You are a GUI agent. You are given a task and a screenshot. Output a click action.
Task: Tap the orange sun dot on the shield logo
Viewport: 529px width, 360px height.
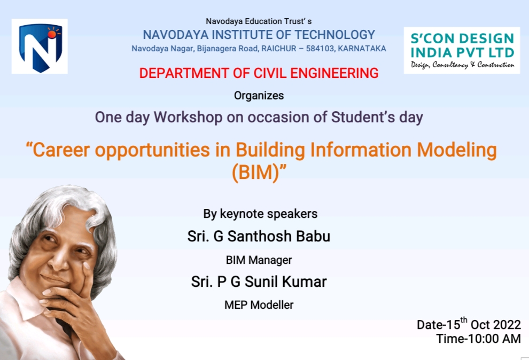pyautogui.click(x=52, y=34)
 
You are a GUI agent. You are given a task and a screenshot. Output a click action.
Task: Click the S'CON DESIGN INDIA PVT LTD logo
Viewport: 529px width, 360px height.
pyautogui.click(x=462, y=50)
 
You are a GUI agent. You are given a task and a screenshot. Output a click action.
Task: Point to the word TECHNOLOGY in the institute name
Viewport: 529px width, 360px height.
pyautogui.click(x=335, y=35)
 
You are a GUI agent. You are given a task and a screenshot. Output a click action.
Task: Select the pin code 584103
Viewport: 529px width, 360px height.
pyautogui.click(x=320, y=49)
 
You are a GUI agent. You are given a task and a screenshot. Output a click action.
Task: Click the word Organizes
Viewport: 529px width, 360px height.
pyautogui.click(x=259, y=96)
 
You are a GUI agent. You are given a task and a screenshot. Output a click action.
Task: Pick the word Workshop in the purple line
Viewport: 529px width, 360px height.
pyautogui.click(x=188, y=118)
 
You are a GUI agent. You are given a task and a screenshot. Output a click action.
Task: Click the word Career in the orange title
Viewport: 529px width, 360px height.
pyautogui.click(x=61, y=150)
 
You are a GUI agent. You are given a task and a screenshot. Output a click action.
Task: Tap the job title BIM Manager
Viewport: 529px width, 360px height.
pyautogui.click(x=259, y=260)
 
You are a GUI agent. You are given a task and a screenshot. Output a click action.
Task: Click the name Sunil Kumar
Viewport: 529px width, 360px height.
pyautogui.click(x=285, y=282)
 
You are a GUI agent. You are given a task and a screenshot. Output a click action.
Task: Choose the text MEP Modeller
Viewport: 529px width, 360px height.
pyautogui.click(x=259, y=305)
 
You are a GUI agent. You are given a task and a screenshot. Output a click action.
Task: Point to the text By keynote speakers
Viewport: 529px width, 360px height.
pyautogui.click(x=260, y=214)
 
